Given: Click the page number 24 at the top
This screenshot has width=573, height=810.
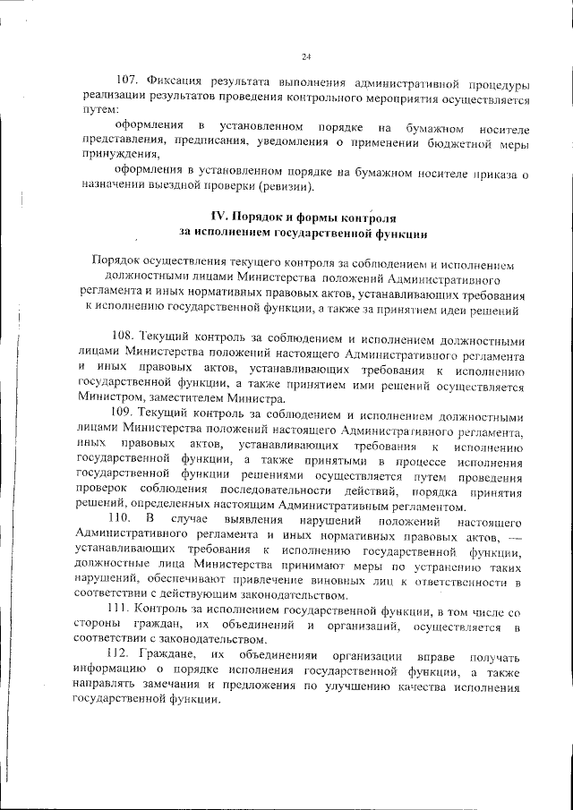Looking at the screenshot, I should pos(305,57).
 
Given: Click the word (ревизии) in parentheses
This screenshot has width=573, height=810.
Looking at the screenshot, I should pos(286,187).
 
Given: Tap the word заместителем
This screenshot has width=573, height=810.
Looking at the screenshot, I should pos(185,397).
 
